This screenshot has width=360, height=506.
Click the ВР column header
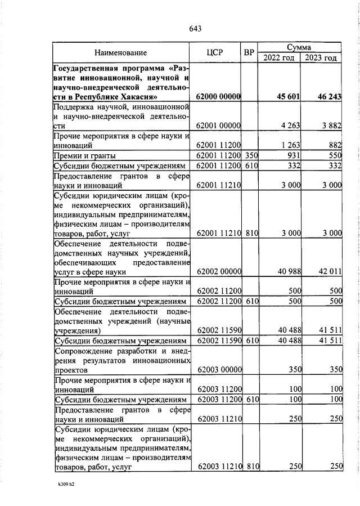coord(249,52)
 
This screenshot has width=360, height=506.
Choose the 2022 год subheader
coord(278,58)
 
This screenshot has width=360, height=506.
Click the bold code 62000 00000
coord(218,97)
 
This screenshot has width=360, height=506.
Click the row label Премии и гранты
coord(84,155)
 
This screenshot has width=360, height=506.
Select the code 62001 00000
coord(218,126)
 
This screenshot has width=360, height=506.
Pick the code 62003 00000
coord(218,370)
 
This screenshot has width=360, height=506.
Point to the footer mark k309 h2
coord(66,483)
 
